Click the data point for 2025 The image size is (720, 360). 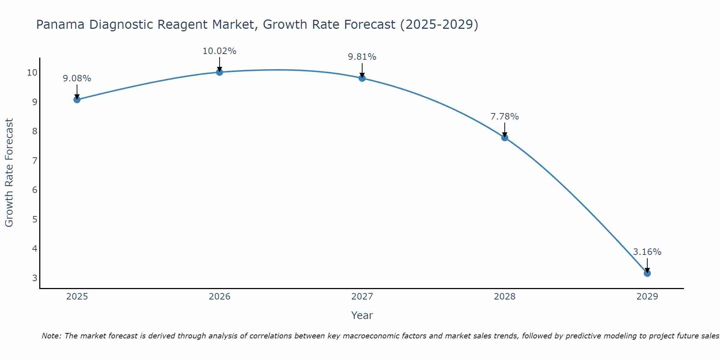tap(77, 100)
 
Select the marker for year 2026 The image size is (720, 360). tap(220, 72)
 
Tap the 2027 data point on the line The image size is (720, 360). tap(362, 78)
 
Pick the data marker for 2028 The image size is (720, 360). tap(505, 138)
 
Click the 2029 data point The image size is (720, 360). tap(647, 273)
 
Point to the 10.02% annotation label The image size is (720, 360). tap(219, 51)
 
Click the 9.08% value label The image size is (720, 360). tap(77, 78)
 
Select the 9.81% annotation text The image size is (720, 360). tap(362, 57)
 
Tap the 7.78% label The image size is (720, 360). tap(504, 117)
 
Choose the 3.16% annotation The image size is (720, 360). tap(647, 252)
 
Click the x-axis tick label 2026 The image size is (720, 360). tap(220, 297)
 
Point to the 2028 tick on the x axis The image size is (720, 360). tap(505, 297)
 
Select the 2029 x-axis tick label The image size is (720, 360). tap(647, 297)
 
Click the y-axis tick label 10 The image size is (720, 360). tap(32, 73)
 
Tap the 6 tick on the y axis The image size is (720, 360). tap(35, 190)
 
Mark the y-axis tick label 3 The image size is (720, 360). tap(35, 278)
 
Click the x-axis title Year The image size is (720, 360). tap(362, 315)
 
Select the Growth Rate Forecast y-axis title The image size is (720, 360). tap(9, 173)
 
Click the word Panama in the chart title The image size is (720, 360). tap(60, 25)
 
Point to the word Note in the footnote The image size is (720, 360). tap(51, 336)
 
